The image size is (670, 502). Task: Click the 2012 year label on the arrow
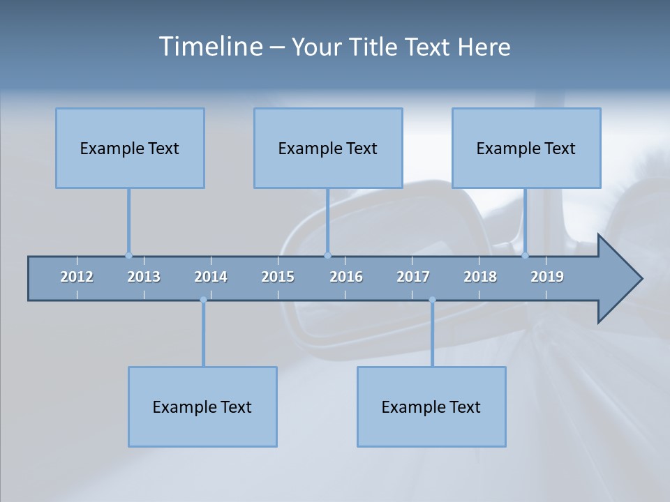(77, 277)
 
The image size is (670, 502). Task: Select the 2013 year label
(144, 277)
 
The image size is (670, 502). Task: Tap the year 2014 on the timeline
(211, 277)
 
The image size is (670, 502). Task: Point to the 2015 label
(278, 277)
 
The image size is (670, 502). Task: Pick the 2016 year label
(346, 277)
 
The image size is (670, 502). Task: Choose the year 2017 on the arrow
(413, 277)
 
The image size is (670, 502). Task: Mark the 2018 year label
(480, 277)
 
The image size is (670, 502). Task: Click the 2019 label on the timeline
(547, 277)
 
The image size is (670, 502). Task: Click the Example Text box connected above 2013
(130, 148)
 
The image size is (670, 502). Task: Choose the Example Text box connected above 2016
(328, 148)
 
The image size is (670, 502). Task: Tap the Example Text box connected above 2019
(526, 148)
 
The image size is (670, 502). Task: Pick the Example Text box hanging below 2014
(202, 406)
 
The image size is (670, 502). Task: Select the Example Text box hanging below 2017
(431, 406)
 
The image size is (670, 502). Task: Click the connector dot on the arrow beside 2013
(128, 255)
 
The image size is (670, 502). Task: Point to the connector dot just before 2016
(327, 255)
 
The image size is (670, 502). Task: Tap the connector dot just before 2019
(525, 255)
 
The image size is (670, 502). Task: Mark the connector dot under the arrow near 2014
(203, 300)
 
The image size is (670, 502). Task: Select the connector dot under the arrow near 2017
(432, 300)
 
